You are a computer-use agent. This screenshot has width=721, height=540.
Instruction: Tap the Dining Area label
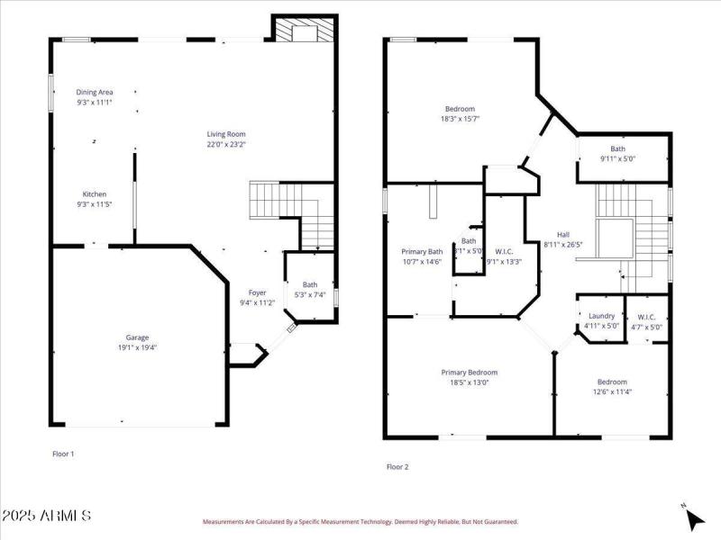[x=95, y=92]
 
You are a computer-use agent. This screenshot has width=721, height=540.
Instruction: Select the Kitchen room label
[x=95, y=194]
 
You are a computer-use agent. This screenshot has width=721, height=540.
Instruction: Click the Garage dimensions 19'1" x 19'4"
[x=137, y=347]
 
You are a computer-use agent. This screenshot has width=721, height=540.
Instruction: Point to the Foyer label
[x=257, y=292]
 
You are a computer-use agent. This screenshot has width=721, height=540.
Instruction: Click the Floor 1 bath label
[x=310, y=285]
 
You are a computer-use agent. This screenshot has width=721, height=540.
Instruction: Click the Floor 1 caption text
[x=63, y=454]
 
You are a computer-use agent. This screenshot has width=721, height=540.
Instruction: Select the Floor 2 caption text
[x=397, y=467]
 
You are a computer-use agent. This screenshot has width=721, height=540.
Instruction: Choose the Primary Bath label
[x=422, y=252]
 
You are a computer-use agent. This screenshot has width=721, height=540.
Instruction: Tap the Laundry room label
[x=601, y=316]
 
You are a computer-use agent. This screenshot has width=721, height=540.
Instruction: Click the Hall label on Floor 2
[x=563, y=233]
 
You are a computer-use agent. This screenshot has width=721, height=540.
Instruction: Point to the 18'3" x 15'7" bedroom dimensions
[x=460, y=119]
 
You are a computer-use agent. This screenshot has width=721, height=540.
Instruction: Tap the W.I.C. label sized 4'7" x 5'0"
[x=649, y=327]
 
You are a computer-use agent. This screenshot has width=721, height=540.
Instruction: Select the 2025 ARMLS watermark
[x=47, y=516]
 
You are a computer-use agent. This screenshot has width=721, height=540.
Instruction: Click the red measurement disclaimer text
[x=360, y=522]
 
